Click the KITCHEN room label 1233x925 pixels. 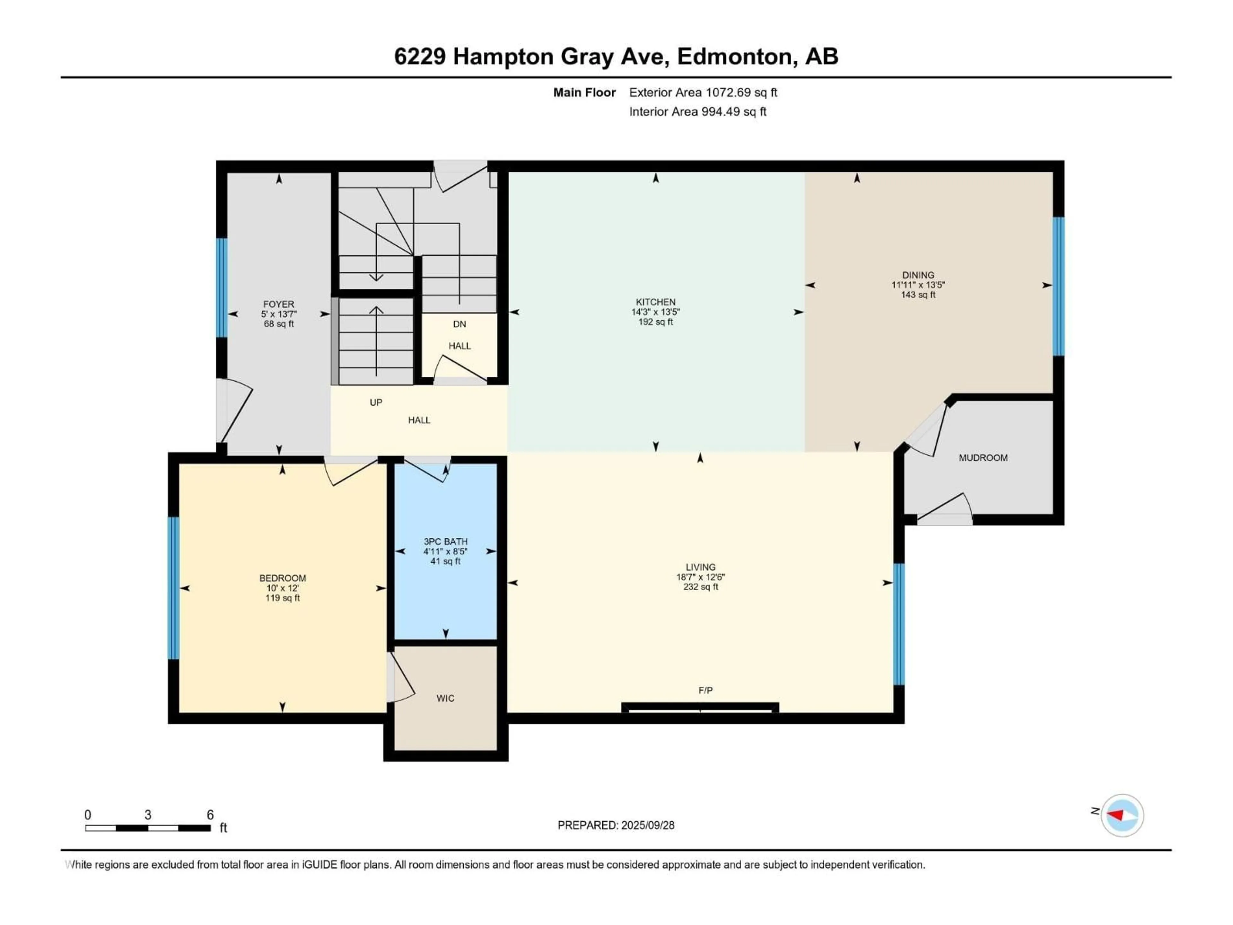click(656, 302)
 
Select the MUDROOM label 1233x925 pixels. click(983, 458)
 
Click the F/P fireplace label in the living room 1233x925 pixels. click(705, 690)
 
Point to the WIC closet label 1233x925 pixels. click(445, 698)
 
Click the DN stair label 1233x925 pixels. click(459, 324)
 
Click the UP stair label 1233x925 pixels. click(376, 402)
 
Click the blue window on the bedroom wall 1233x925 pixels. click(173, 588)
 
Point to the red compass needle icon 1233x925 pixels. click(1116, 815)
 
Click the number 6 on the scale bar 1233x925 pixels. click(210, 815)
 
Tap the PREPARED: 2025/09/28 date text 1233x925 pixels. click(616, 825)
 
